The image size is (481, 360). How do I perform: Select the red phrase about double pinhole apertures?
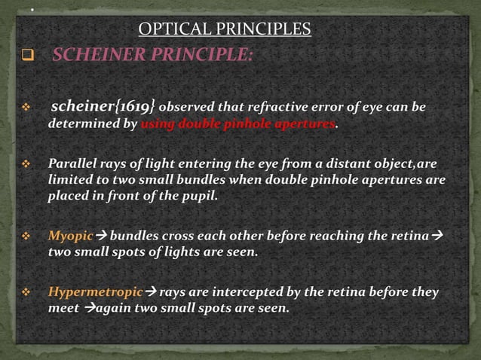[237, 124]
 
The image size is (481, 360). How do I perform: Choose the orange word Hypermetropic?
[94, 291]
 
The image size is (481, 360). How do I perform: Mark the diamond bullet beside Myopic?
[28, 236]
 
